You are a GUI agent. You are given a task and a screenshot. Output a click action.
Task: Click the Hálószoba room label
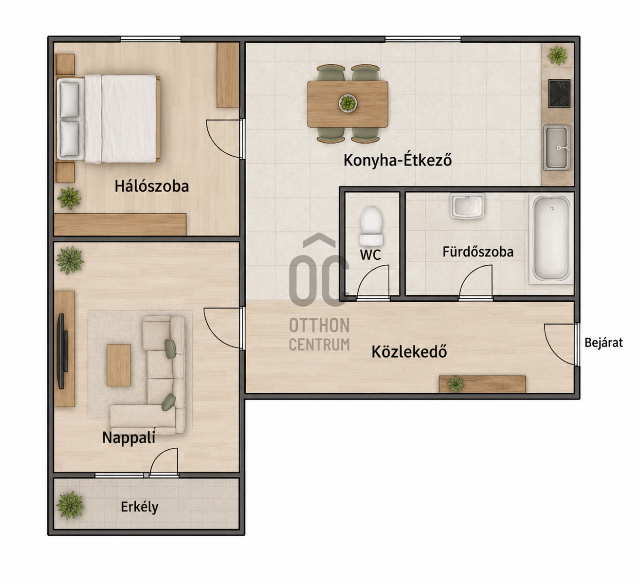coord(152,186)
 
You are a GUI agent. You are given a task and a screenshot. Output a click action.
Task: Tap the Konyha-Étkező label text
coord(398,160)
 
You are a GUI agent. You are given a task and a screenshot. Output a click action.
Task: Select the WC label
coord(370,255)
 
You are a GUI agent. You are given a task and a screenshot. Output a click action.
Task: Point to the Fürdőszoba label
coord(478,252)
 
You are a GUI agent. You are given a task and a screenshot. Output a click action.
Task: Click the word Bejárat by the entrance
coord(603,343)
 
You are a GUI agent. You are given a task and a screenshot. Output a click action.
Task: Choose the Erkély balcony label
coord(140,507)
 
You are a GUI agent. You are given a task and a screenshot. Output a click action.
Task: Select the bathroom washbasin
coord(467,206)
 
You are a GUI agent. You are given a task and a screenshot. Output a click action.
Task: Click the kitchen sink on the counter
coord(556,148)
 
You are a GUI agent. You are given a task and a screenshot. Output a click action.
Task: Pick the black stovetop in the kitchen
coord(559,93)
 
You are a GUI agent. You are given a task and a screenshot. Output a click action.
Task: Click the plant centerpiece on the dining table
coord(347,103)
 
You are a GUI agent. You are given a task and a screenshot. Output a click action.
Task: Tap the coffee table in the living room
coord(119,365)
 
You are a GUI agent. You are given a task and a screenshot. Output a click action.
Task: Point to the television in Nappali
coord(62,351)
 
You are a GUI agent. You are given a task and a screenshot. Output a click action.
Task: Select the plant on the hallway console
coord(456,384)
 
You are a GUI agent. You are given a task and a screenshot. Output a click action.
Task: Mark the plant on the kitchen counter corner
coord(557,56)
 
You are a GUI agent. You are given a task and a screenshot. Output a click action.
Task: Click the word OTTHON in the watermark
coord(319,325)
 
